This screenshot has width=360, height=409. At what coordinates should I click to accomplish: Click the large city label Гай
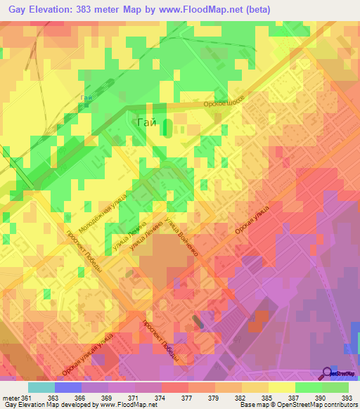click(x=146, y=123)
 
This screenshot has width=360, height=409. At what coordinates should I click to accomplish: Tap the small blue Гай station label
click(x=86, y=97)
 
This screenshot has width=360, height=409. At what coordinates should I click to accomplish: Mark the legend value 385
click(x=271, y=397)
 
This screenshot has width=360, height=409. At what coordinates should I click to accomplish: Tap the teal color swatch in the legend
click(x=41, y=387)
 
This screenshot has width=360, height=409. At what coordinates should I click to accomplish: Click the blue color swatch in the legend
click(x=68, y=387)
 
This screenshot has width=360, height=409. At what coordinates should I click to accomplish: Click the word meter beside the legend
click(x=11, y=397)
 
